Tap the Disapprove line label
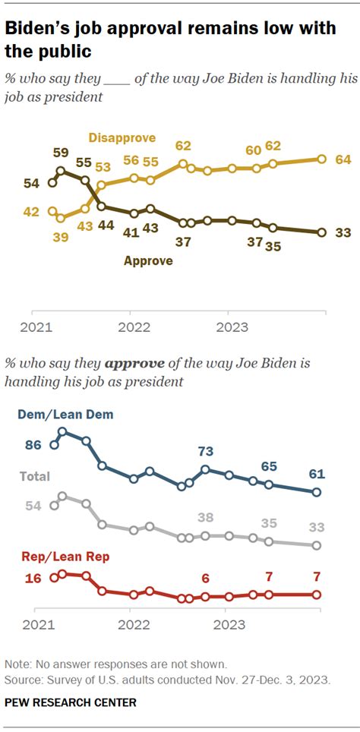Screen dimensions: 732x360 (122, 138)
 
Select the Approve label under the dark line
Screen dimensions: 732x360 (148, 260)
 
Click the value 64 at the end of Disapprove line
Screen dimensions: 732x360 (343, 159)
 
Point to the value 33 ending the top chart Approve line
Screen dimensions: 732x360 (343, 233)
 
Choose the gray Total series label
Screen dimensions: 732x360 (35, 477)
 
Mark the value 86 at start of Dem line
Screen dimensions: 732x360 (33, 446)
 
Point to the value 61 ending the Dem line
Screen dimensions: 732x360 (317, 475)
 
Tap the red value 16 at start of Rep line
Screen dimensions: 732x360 (33, 579)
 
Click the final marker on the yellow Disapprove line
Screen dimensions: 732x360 (321, 159)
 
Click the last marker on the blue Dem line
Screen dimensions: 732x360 (317, 492)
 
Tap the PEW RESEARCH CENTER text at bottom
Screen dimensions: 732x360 (71, 703)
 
